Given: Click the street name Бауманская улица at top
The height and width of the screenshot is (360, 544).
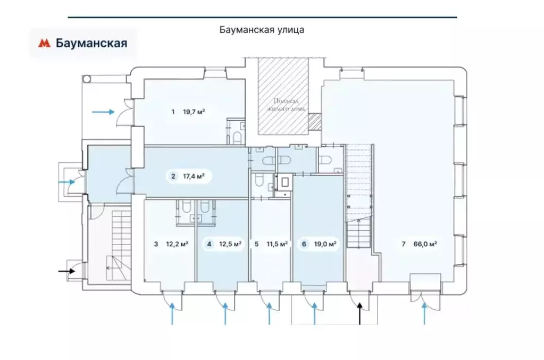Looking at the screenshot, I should [x=262, y=30].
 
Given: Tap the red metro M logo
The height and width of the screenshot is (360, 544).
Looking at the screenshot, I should [x=44, y=44].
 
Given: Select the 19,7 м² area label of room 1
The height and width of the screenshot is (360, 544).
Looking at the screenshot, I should [x=194, y=112].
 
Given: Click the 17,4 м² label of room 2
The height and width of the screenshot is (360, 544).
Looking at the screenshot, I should [x=194, y=177].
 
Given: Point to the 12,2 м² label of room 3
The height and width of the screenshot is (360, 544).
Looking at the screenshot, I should [x=178, y=245].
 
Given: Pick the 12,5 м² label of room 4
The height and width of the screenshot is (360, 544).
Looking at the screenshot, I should [x=231, y=245].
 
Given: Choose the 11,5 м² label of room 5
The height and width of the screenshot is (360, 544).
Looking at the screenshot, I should [x=277, y=245].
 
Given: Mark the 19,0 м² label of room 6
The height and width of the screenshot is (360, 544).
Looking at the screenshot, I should [x=325, y=245].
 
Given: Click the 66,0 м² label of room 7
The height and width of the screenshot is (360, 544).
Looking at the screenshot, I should [x=425, y=245].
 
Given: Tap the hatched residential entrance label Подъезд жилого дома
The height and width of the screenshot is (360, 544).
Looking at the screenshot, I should [x=282, y=104].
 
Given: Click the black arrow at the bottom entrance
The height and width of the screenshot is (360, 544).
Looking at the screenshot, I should [x=359, y=313].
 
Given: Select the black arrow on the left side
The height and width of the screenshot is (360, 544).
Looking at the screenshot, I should [x=66, y=272].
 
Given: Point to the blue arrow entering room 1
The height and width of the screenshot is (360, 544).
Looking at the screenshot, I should [x=103, y=112].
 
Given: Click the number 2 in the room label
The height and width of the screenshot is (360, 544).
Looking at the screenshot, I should [x=173, y=177].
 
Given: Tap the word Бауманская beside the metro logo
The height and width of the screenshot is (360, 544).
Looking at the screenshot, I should [x=91, y=44].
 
